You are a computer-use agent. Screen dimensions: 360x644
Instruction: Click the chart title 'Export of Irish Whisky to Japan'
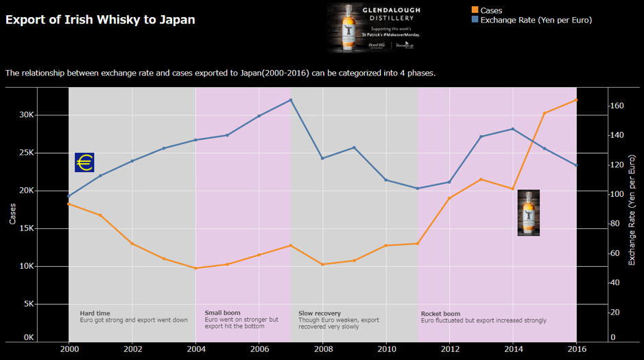click(x=100, y=20)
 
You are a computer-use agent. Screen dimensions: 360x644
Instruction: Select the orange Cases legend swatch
click(x=475, y=10)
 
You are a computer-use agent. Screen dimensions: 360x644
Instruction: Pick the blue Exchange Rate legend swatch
click(x=475, y=20)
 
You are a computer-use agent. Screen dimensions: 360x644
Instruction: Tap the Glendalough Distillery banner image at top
click(x=374, y=28)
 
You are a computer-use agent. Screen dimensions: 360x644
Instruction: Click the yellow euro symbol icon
click(x=84, y=163)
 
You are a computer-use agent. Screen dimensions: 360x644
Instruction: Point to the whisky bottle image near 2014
click(x=528, y=213)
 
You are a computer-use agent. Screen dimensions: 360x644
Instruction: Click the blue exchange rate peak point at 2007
click(x=291, y=100)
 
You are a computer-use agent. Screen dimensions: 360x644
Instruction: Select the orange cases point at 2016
click(x=576, y=100)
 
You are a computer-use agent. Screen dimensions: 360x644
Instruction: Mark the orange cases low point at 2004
click(x=195, y=268)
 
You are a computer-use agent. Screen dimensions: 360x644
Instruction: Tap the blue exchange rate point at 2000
click(x=69, y=196)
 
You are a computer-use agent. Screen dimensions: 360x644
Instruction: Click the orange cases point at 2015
click(x=545, y=113)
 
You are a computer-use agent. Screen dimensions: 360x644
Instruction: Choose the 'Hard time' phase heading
click(x=95, y=313)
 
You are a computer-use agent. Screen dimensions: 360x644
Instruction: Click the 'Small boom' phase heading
click(x=222, y=313)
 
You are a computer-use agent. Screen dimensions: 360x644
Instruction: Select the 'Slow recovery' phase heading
click(x=320, y=313)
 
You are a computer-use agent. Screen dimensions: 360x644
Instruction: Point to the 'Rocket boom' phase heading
click(x=440, y=314)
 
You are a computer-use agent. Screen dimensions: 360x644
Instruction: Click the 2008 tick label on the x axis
click(x=323, y=349)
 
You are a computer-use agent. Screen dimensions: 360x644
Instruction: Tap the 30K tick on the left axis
click(x=26, y=115)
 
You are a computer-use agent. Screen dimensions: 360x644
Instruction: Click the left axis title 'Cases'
click(x=12, y=213)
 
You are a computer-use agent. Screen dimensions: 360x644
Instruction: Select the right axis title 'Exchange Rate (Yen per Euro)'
click(x=632, y=213)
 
